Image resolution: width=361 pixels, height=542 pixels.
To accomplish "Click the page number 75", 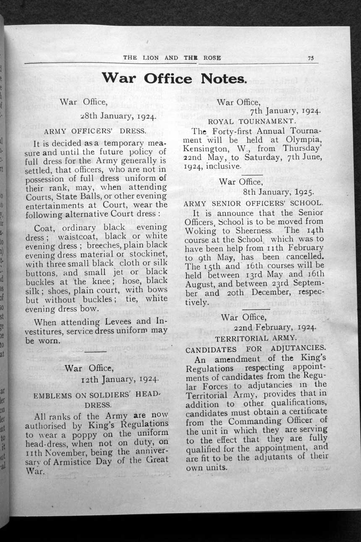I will click(311, 58).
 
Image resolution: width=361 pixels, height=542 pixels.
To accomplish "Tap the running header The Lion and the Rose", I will click(172, 58).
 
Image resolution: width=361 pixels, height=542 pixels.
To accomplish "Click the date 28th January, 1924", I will click(118, 117).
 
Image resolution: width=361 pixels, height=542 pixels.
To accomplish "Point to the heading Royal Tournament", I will click(252, 121).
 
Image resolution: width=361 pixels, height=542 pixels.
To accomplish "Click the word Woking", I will click(201, 231).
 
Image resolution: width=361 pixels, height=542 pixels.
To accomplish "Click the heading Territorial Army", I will click(256, 338).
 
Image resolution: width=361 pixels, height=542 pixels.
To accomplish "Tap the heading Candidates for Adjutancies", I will click(256, 348).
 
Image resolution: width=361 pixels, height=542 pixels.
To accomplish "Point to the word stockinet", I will click(147, 255).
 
